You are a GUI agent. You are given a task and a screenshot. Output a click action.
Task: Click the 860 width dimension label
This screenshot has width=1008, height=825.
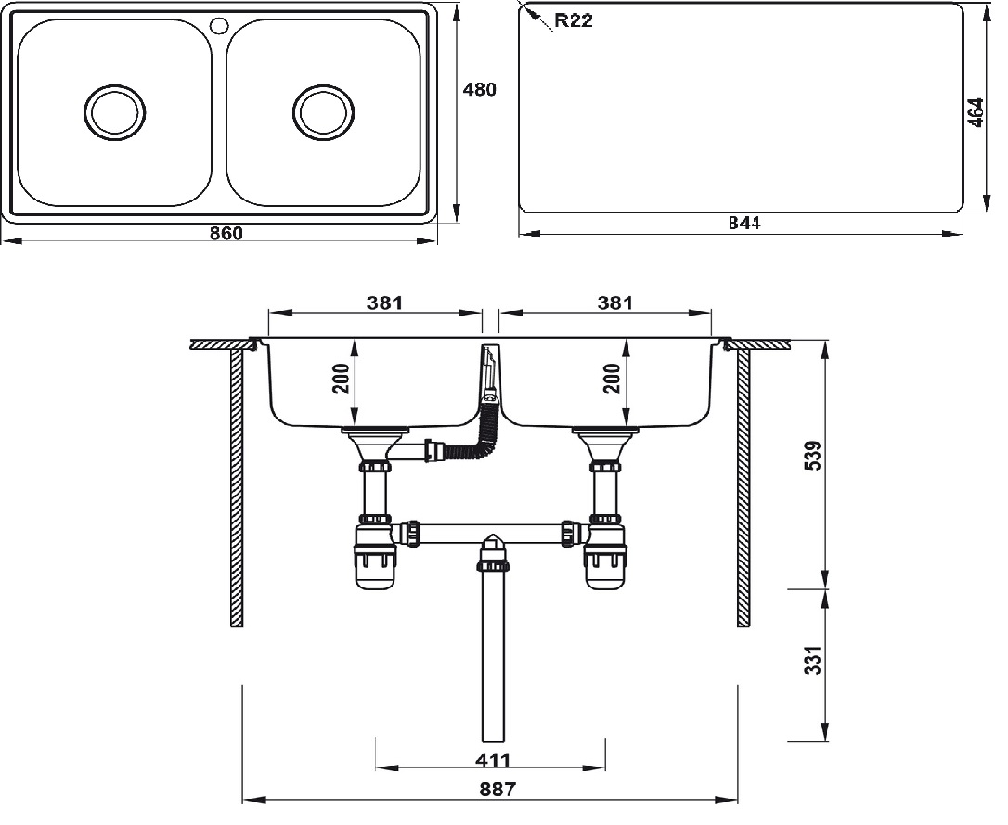click(x=226, y=234)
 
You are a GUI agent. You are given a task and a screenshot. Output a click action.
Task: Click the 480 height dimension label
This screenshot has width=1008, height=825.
click(x=480, y=90)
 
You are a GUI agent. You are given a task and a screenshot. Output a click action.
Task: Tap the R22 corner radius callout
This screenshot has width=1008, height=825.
click(x=573, y=20)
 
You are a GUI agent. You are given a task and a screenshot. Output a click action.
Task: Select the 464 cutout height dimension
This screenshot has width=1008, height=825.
click(x=976, y=112)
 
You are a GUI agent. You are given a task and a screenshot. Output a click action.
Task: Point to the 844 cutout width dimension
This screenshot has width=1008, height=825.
click(x=744, y=224)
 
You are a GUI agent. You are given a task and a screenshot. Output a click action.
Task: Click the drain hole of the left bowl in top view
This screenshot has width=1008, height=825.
click(x=115, y=111)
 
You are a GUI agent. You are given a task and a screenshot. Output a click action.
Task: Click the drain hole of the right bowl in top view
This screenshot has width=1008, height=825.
click(x=323, y=111)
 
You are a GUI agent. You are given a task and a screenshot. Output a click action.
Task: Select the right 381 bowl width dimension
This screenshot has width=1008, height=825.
click(x=614, y=303)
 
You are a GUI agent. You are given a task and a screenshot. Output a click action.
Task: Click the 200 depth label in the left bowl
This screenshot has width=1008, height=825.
click(x=342, y=379)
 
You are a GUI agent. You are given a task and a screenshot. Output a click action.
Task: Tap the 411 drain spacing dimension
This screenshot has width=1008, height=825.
click(x=492, y=760)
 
